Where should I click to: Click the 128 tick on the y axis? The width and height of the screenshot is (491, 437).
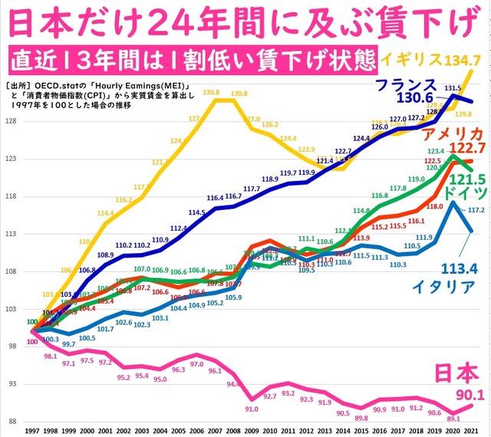pos(11,122)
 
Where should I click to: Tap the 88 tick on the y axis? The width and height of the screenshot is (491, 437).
pos(11,421)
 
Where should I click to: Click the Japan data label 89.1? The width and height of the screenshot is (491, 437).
pos(453,419)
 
